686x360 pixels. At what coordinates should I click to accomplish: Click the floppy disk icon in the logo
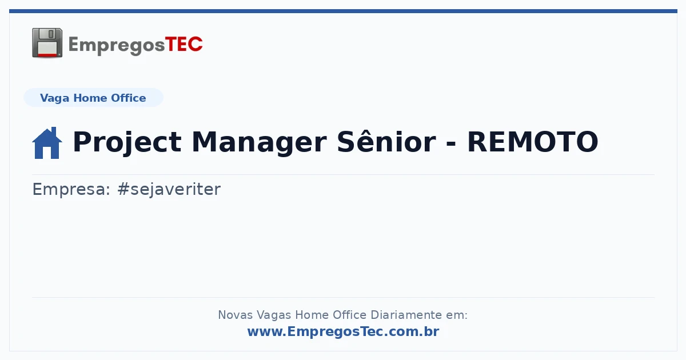click(x=47, y=43)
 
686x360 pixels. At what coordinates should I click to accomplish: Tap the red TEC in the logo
click(x=184, y=45)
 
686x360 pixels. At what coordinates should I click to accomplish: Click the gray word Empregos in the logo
click(x=117, y=46)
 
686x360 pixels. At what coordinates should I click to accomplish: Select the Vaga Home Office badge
click(x=93, y=98)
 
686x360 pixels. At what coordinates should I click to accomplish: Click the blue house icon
click(x=47, y=143)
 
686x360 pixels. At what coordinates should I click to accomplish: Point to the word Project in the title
click(x=127, y=142)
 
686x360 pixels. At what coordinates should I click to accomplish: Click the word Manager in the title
click(x=259, y=142)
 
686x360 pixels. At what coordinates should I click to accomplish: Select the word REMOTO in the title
click(x=533, y=142)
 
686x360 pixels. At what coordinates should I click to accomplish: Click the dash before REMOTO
click(x=452, y=143)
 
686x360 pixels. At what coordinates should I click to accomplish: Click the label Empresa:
click(x=71, y=189)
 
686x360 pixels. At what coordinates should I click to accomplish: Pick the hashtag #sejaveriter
click(x=169, y=189)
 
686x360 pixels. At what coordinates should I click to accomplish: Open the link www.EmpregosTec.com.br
click(x=344, y=331)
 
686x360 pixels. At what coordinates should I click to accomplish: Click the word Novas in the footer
click(x=235, y=315)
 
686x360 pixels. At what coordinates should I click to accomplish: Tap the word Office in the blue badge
click(x=128, y=98)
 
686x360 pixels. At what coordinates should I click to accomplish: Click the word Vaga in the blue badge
click(x=54, y=98)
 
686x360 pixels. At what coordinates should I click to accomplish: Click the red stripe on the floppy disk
click(x=47, y=55)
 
